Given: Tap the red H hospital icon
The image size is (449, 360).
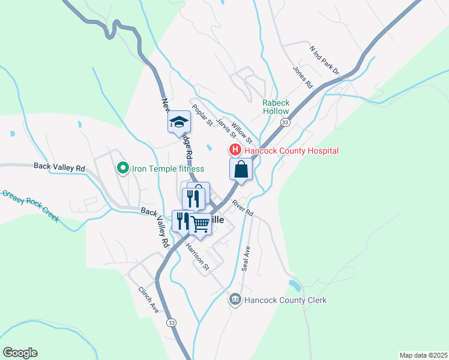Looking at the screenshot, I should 235,150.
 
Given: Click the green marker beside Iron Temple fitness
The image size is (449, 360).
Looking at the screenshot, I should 123,169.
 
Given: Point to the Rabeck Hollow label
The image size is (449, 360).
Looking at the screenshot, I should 276,107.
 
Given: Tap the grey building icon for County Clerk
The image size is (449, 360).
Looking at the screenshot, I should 235,299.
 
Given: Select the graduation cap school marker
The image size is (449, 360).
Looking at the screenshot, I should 178,122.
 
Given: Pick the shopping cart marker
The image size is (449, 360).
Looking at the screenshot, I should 200,224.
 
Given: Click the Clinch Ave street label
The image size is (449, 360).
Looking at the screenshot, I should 148,299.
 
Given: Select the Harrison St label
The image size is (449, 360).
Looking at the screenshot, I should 196,256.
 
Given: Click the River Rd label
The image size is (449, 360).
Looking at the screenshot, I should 243,208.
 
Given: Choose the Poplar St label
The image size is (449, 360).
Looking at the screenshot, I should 202,115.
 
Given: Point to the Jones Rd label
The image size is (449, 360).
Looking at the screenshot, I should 303,77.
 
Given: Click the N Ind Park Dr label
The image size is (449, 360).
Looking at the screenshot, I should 324,59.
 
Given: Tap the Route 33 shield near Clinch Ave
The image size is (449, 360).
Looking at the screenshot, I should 172,322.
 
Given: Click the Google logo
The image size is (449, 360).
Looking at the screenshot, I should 20,353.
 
